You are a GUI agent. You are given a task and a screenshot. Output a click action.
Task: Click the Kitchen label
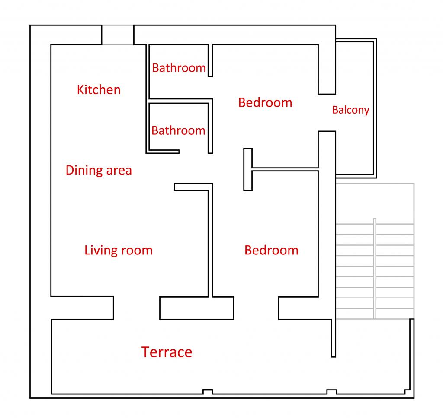tap(99, 90)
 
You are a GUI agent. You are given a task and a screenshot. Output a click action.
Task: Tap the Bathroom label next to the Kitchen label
tap(179, 68)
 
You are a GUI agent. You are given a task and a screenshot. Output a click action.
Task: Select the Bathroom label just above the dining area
tap(178, 130)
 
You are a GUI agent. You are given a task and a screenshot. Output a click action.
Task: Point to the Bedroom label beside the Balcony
tap(265, 102)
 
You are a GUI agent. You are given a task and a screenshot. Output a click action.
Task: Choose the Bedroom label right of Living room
tap(271, 250)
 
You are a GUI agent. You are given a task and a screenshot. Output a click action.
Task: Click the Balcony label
tap(350, 110)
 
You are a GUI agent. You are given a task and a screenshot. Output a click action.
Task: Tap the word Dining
tap(84, 171)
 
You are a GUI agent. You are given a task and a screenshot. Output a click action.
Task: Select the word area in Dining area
tap(119, 171)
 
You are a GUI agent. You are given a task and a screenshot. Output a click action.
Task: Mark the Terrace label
tap(167, 352)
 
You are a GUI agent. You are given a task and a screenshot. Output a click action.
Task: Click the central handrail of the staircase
tap(375, 268)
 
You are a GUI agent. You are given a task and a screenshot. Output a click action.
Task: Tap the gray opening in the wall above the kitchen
tap(118, 35)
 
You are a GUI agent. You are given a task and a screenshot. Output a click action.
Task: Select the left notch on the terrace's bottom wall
tap(208, 392)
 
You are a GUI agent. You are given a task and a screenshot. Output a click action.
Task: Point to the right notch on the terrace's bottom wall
tap(331, 392)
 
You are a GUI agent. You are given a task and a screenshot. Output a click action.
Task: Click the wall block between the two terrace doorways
tap(197, 308)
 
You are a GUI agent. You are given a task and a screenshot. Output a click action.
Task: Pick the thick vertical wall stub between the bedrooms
tap(248, 169)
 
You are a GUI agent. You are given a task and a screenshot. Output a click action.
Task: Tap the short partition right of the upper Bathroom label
tap(210, 60)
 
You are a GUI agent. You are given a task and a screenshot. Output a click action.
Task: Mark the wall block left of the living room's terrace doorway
tap(82, 308)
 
